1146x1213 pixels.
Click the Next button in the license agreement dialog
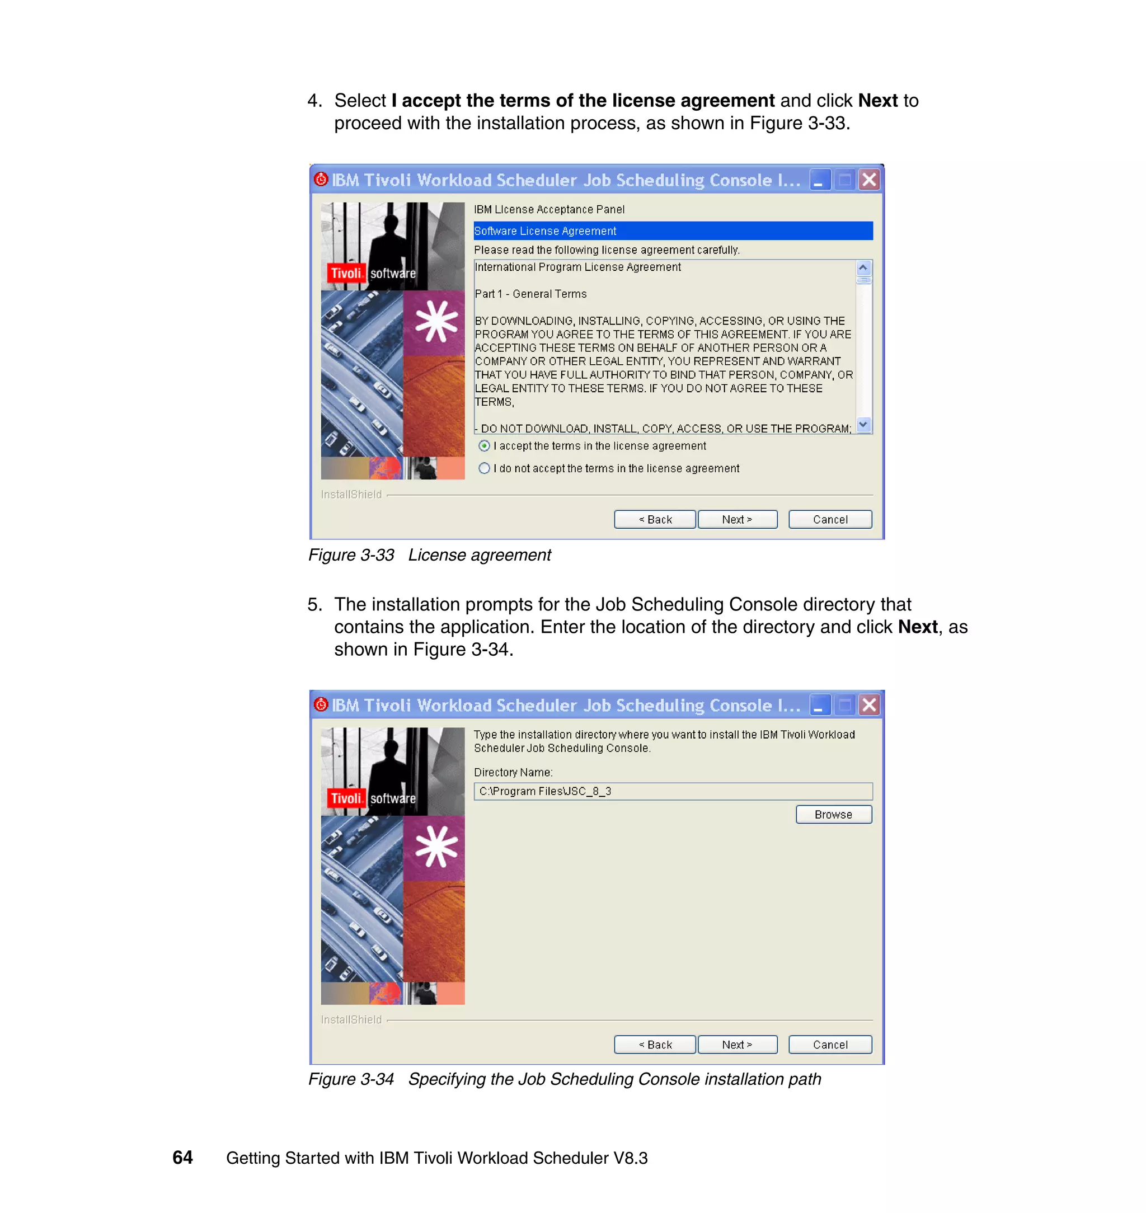point(737,519)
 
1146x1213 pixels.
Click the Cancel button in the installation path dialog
point(830,1045)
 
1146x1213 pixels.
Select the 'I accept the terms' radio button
point(485,446)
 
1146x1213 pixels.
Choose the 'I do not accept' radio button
point(485,468)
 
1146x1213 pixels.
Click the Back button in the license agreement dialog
point(654,519)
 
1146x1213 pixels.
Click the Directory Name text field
point(673,791)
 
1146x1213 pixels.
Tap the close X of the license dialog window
point(868,180)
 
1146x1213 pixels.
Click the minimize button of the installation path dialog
point(819,706)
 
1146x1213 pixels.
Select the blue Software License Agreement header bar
point(673,231)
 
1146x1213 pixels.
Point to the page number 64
point(182,1158)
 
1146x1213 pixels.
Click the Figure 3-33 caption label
point(351,554)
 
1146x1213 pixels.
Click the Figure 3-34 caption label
point(351,1079)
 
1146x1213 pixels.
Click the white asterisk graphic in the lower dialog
point(435,847)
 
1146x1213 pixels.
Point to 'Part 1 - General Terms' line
point(530,294)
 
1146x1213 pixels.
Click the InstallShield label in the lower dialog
point(351,1019)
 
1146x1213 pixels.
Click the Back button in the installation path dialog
point(654,1045)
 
